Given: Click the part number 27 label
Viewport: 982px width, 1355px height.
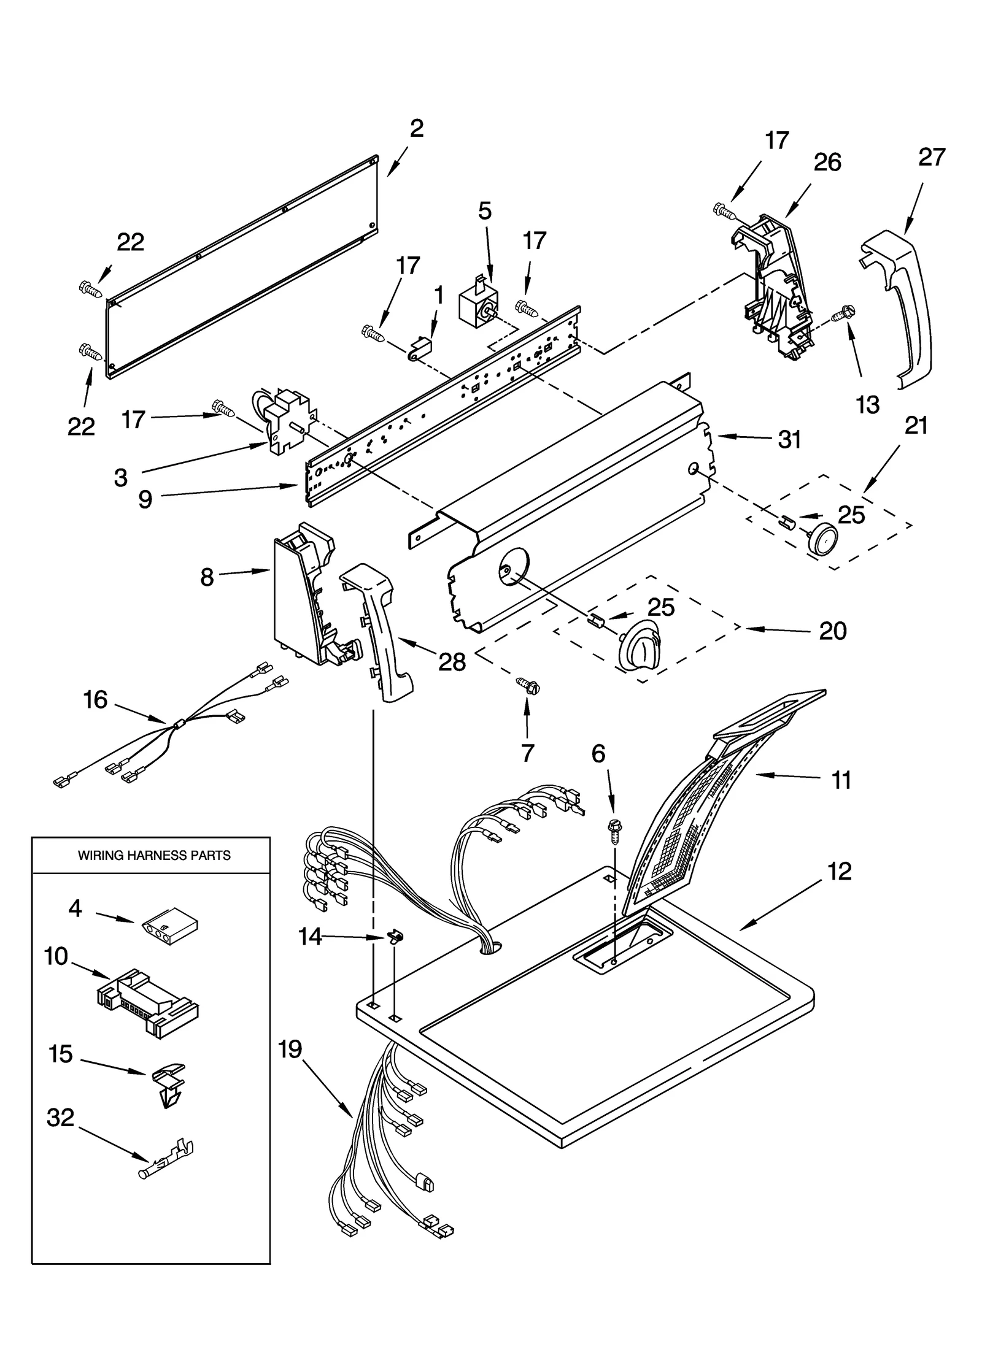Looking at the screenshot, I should point(931,158).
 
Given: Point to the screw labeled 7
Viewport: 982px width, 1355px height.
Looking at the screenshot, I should point(527,685).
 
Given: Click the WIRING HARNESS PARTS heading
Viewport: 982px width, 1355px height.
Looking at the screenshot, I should point(154,855).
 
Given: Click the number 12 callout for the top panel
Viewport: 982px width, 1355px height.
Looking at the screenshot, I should point(839,872).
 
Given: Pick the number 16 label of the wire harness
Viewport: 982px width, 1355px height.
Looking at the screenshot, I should point(95,699).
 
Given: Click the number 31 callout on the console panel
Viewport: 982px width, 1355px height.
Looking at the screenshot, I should point(789,439).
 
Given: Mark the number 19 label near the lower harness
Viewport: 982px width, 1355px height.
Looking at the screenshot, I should point(290,1050).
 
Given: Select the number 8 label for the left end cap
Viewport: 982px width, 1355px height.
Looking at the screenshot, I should point(207,577).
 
